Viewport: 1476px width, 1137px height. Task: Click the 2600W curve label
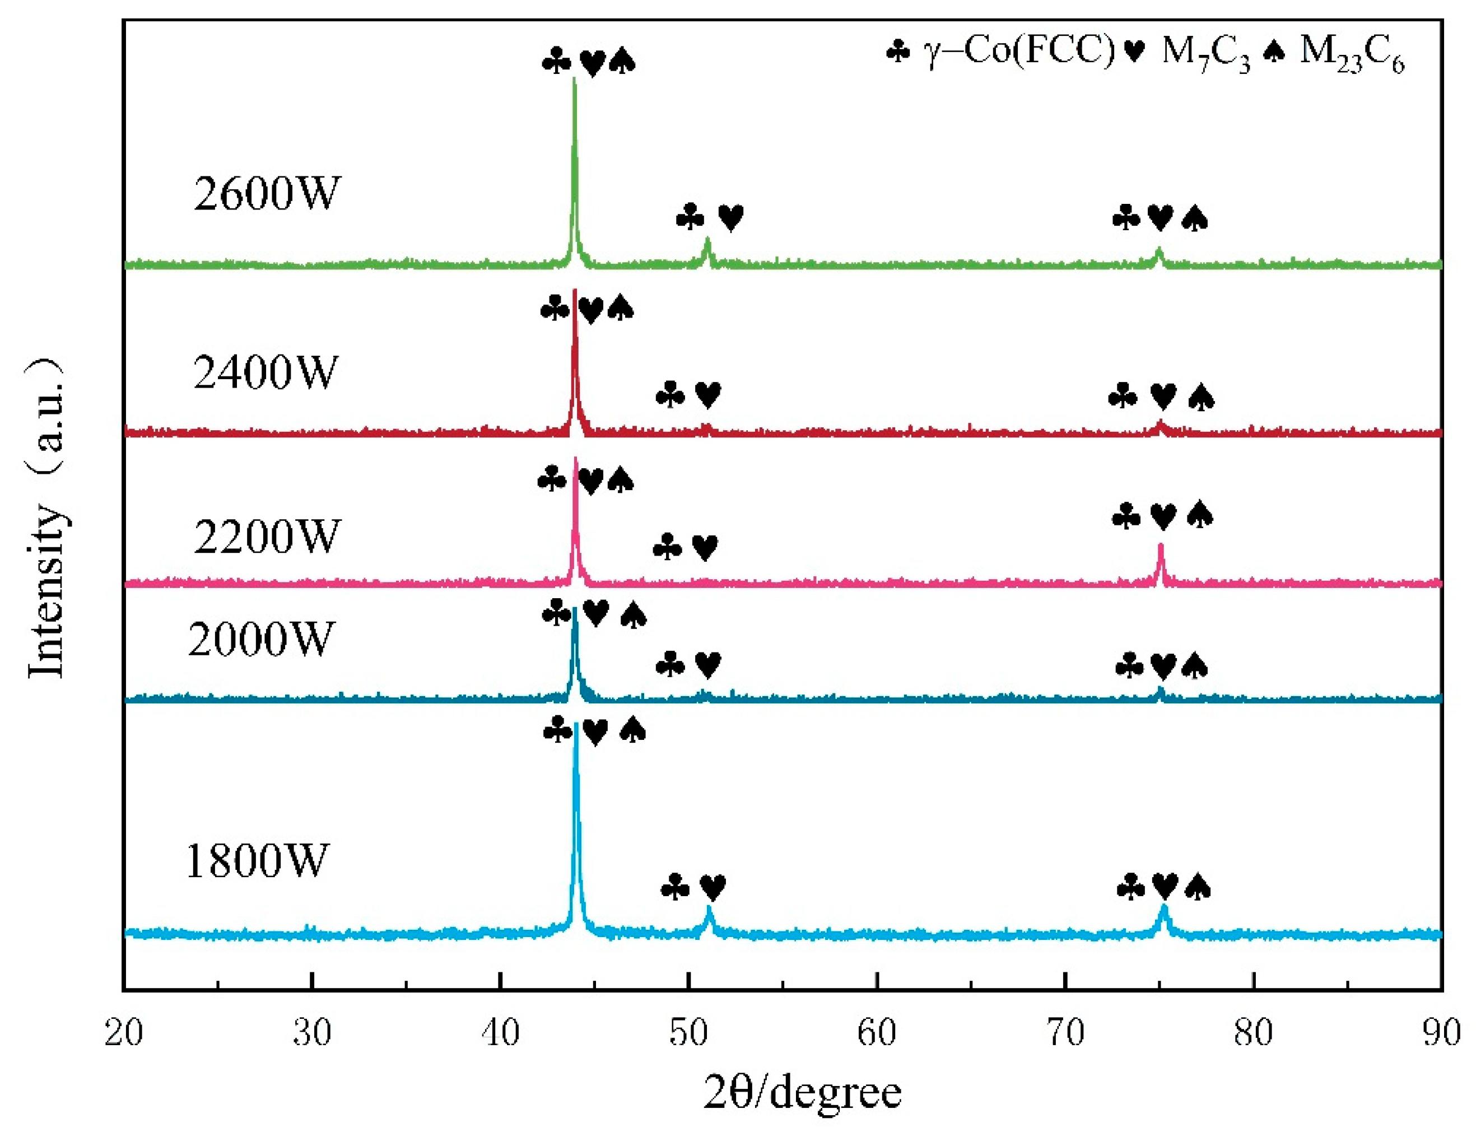pos(266,194)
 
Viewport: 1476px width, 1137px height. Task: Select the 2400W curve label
pos(265,372)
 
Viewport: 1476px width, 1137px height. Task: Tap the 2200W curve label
pos(266,537)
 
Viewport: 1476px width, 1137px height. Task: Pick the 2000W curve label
pos(261,639)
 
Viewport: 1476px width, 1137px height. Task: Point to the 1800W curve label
pos(256,861)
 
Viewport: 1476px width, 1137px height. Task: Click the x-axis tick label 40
pos(500,1032)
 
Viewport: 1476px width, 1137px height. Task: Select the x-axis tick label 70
pos(1065,1032)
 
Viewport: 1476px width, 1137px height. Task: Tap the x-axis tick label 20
pos(124,1032)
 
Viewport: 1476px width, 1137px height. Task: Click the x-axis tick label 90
pos(1440,1032)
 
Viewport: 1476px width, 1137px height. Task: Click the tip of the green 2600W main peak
pos(575,79)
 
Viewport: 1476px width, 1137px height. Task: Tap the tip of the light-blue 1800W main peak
pos(576,724)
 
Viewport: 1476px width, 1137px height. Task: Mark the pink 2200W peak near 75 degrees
pos(1161,544)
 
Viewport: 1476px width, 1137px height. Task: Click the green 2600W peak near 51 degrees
pos(707,239)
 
